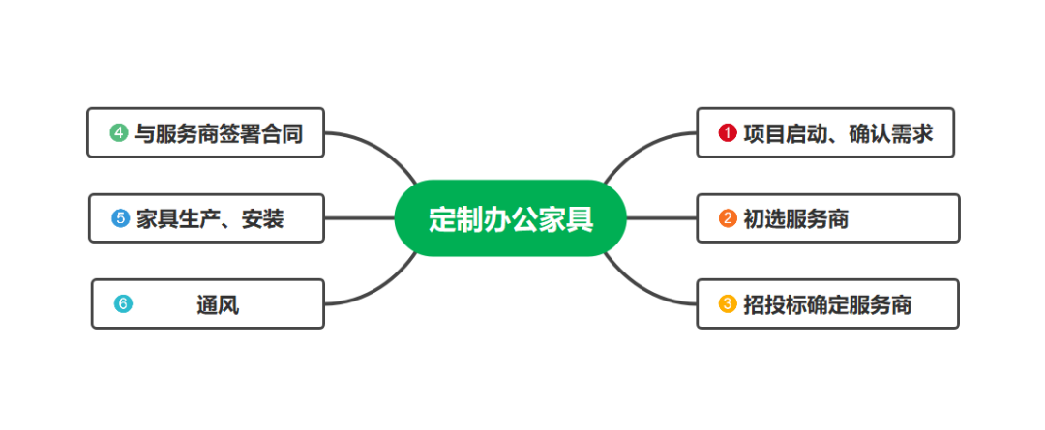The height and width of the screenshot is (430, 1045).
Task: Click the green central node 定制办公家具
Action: point(511,218)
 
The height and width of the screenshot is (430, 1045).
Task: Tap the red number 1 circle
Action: point(728,133)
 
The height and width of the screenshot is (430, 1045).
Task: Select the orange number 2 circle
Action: point(728,218)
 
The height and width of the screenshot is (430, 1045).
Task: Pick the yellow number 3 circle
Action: point(728,303)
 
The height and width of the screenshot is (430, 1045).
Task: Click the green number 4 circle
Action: point(119,133)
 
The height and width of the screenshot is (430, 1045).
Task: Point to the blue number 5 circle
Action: point(120,218)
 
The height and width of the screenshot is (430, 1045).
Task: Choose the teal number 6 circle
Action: point(122,303)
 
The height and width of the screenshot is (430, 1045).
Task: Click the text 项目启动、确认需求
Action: point(838,133)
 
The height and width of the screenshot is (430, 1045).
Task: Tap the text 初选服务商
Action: point(795,219)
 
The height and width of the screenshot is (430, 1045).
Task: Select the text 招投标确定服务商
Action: point(827,304)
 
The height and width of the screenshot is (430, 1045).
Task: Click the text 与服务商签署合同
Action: point(218,133)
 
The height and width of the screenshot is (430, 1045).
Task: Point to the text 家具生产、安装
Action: point(210,219)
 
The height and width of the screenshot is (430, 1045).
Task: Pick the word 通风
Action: point(217,305)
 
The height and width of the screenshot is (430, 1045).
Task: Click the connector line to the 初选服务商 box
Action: point(662,218)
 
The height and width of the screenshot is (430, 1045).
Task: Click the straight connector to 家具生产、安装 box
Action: point(359,218)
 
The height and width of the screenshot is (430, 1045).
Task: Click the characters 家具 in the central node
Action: point(565,219)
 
